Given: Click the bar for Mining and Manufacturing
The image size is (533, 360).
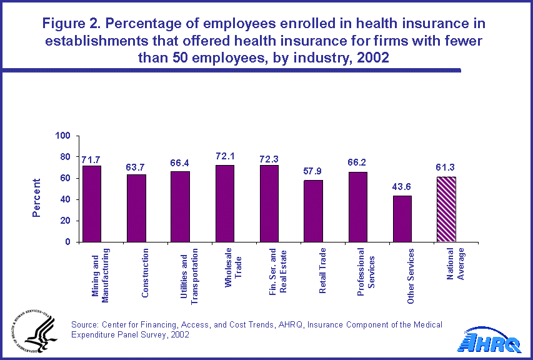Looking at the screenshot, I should (92, 204).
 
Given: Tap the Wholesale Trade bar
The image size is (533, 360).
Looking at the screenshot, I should (225, 204).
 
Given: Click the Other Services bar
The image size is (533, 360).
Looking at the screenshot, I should (402, 219).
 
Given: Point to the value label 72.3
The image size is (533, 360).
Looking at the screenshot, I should (269, 159).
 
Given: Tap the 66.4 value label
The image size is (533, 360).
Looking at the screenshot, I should (181, 163).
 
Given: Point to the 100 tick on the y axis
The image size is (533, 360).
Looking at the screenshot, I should (65, 136).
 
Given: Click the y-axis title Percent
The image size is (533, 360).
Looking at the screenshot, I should (37, 198).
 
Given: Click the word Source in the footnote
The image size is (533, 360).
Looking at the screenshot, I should (84, 324).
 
